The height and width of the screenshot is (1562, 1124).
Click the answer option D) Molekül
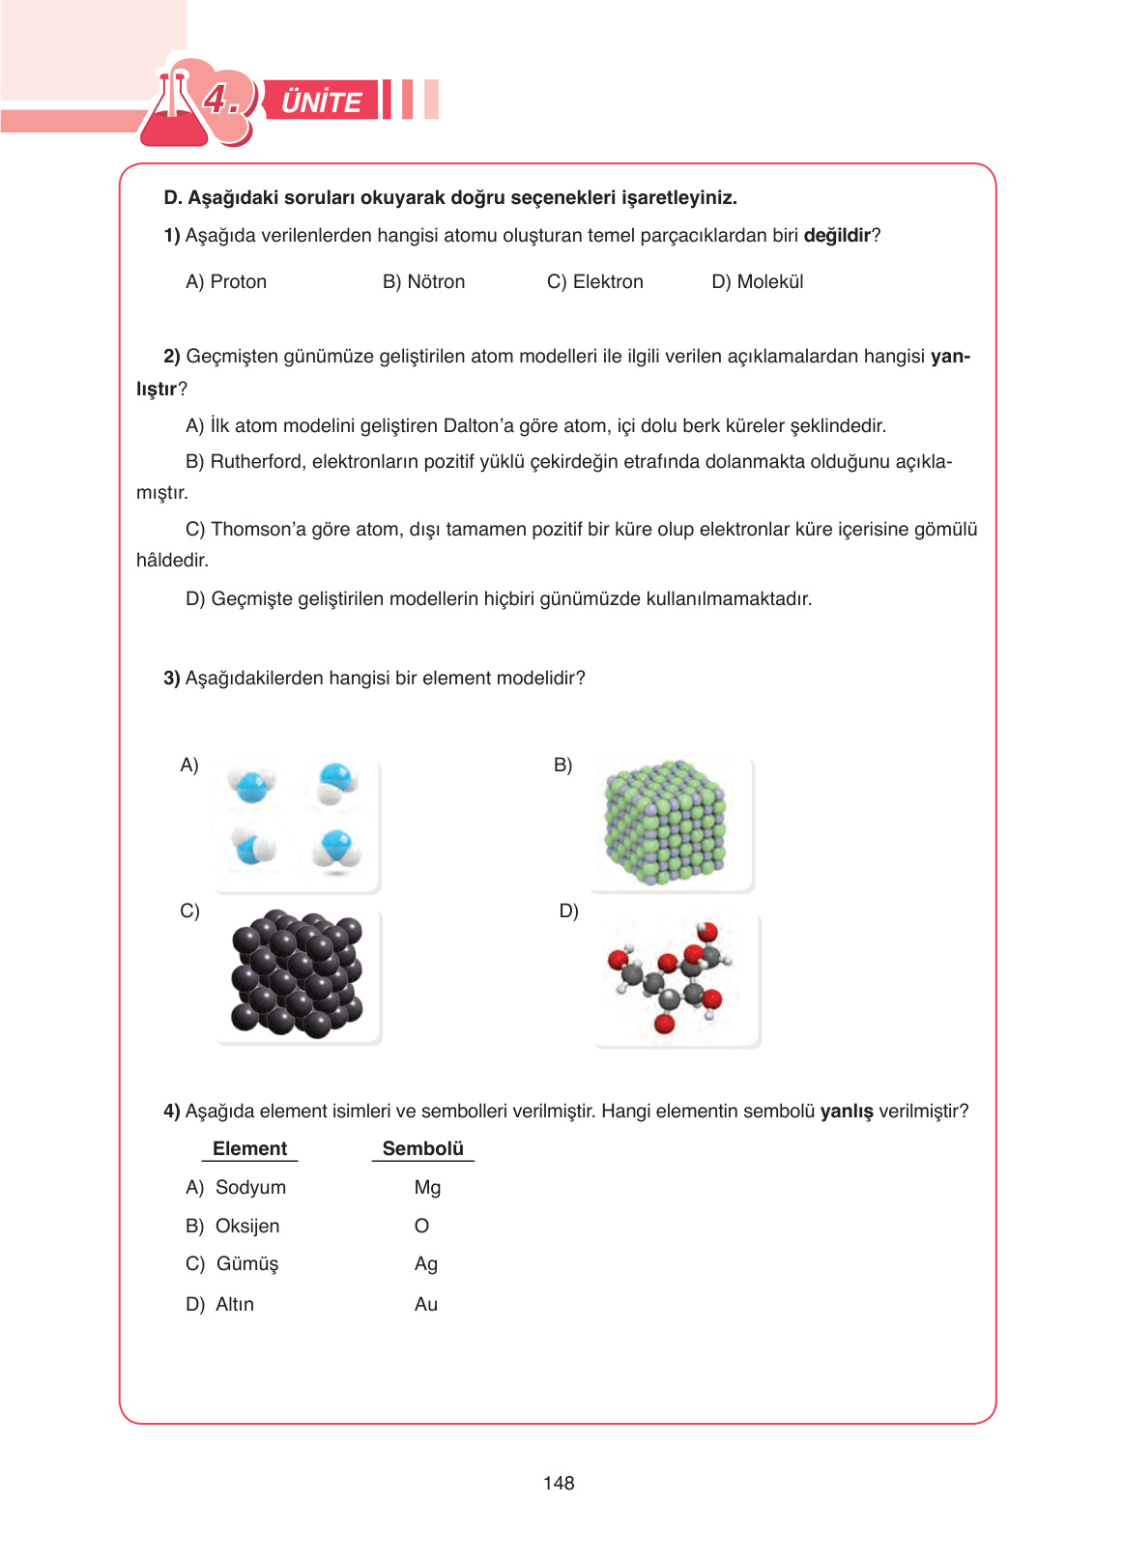point(757,282)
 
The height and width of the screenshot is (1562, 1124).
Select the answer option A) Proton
point(226,282)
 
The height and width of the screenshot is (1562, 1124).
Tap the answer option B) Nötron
point(423,282)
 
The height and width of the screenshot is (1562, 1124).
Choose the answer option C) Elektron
point(594,282)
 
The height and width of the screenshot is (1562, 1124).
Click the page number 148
point(559,1483)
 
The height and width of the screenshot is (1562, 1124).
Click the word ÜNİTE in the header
point(321,101)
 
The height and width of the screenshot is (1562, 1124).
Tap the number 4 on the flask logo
point(218,99)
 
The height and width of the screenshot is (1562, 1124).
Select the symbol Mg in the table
point(427,1187)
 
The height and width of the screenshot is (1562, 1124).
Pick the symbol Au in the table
point(426,1304)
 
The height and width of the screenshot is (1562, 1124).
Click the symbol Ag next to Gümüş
point(426,1264)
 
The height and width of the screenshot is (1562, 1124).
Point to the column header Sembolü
point(422,1148)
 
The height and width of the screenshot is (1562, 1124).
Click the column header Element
point(249,1148)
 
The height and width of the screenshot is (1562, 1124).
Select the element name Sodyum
point(250,1187)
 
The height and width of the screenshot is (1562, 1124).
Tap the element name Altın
point(235,1304)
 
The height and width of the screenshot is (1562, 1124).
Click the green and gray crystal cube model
point(665,823)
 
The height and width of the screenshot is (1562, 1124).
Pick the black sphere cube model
point(297,974)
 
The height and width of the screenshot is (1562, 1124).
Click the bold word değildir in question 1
point(837,236)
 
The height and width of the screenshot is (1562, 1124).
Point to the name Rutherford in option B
point(256,462)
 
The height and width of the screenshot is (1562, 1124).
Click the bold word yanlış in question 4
point(846,1112)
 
